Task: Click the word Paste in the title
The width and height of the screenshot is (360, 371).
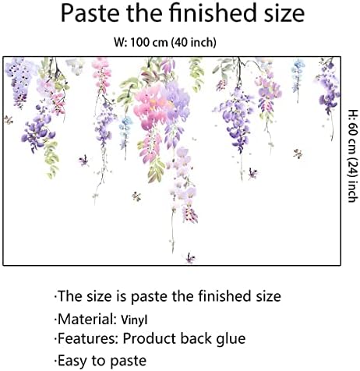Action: point(91,15)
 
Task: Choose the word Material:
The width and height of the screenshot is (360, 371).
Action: point(88,318)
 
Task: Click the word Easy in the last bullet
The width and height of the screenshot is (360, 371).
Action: point(76,360)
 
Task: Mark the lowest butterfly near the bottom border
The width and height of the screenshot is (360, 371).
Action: point(189,255)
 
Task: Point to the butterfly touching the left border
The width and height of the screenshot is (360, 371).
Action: point(8,120)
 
